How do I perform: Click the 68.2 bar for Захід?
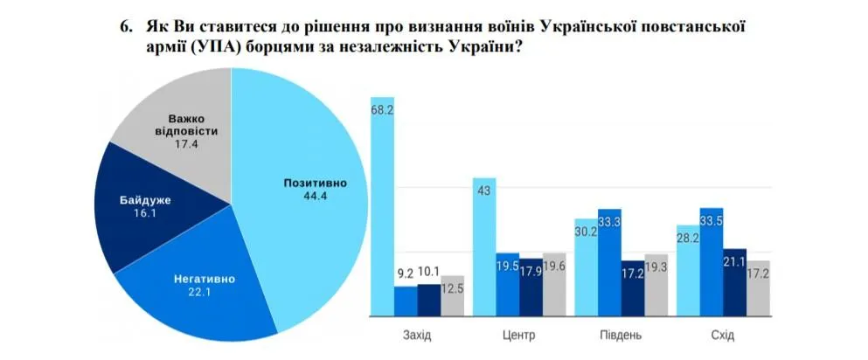click(x=383, y=210)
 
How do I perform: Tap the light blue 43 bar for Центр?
click(x=485, y=245)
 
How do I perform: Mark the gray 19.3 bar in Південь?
click(x=656, y=283)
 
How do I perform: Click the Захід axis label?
click(x=417, y=335)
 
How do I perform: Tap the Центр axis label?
click(x=519, y=335)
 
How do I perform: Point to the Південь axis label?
click(x=621, y=335)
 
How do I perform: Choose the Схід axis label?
click(x=723, y=335)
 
